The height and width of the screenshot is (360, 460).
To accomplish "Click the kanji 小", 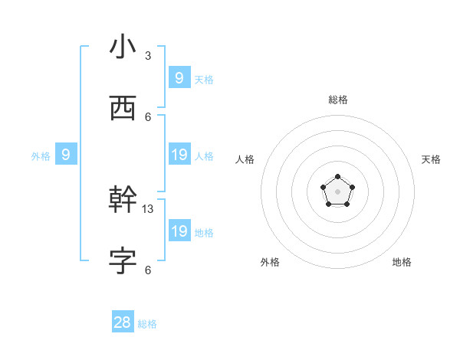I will point(123,47).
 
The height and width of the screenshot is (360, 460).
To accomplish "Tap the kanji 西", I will point(123,108).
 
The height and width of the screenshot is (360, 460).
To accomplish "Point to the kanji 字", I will point(123,261).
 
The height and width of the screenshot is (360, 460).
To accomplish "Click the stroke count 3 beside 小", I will point(148,56).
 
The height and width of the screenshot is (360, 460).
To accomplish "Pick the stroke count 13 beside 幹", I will point(148,208).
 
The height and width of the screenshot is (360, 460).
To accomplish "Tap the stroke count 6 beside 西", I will point(148,116).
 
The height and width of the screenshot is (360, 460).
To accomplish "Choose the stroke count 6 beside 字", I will point(148,270).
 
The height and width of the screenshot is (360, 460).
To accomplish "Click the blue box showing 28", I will point(123,322).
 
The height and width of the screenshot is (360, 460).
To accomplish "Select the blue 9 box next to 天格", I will point(179,78).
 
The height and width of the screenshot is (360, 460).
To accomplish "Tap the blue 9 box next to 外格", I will point(66,155).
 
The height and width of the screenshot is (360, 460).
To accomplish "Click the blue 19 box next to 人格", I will point(179,155).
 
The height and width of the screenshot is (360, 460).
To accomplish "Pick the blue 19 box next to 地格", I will point(179,231).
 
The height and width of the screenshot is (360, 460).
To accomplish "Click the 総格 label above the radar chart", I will point(338,100).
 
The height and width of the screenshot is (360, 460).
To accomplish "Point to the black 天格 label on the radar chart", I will point(431,159).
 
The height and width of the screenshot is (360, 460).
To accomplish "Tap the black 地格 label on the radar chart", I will point(402,262).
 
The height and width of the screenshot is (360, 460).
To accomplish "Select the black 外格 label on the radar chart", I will point(270,262).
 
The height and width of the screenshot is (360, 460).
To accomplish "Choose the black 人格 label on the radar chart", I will point(245,159).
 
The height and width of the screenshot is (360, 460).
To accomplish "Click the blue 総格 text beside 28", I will point(147,324).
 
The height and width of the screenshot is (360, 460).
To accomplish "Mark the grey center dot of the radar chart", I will point(337,191).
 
